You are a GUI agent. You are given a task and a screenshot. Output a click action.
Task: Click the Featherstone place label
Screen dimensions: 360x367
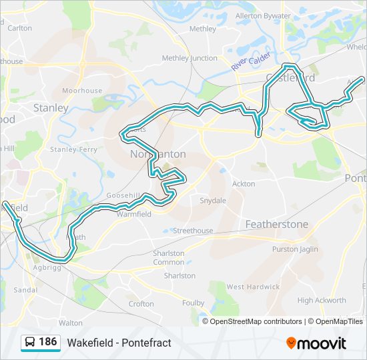[277, 225]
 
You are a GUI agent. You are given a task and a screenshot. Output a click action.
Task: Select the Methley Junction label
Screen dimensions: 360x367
[190, 58]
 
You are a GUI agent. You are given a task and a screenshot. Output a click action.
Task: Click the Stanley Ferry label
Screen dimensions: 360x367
[73, 149]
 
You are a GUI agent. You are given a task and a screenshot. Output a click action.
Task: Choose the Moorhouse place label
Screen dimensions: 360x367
[82, 91]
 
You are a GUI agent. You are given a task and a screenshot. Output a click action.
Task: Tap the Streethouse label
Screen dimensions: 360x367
[193, 231]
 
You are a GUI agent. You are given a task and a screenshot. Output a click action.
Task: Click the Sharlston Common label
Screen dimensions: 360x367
[169, 257]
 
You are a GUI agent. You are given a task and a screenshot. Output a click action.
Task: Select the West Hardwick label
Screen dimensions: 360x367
[253, 287]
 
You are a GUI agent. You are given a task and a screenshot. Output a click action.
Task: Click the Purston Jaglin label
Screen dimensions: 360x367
[295, 249]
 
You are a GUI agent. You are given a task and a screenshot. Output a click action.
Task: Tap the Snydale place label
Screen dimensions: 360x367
[213, 200]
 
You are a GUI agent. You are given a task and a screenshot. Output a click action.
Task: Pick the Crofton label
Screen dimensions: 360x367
[141, 304]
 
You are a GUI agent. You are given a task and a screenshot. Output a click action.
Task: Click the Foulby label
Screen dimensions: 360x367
[194, 303]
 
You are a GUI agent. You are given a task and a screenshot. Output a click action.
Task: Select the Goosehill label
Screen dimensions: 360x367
[123, 195]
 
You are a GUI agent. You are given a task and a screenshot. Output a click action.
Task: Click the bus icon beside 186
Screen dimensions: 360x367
[30, 343]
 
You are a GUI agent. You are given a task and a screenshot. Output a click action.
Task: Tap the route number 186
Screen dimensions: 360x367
[48, 342]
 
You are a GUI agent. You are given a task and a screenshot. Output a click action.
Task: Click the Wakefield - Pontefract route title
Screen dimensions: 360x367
[119, 343]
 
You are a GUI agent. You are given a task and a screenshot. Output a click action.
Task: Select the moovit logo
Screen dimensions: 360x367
[316, 343]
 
